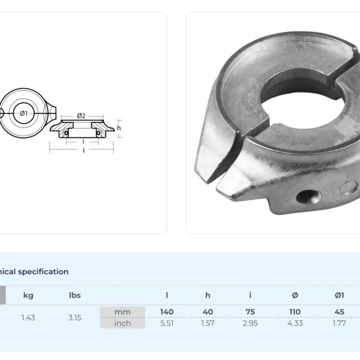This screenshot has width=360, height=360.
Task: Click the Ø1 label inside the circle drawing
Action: [x=23, y=113]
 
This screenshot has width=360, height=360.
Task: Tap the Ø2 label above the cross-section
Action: [x=81, y=116]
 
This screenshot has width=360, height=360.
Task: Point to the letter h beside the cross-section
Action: [x=119, y=127]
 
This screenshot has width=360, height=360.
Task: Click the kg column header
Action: [x=28, y=295]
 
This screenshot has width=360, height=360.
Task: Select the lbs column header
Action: [x=75, y=295]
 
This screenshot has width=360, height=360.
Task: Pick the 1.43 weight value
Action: [x=28, y=317]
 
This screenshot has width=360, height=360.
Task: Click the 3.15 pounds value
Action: [x=75, y=317]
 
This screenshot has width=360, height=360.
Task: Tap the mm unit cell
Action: [x=123, y=312]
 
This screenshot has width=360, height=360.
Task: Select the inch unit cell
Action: [x=123, y=323]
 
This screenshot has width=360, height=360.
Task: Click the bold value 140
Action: [x=167, y=312]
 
